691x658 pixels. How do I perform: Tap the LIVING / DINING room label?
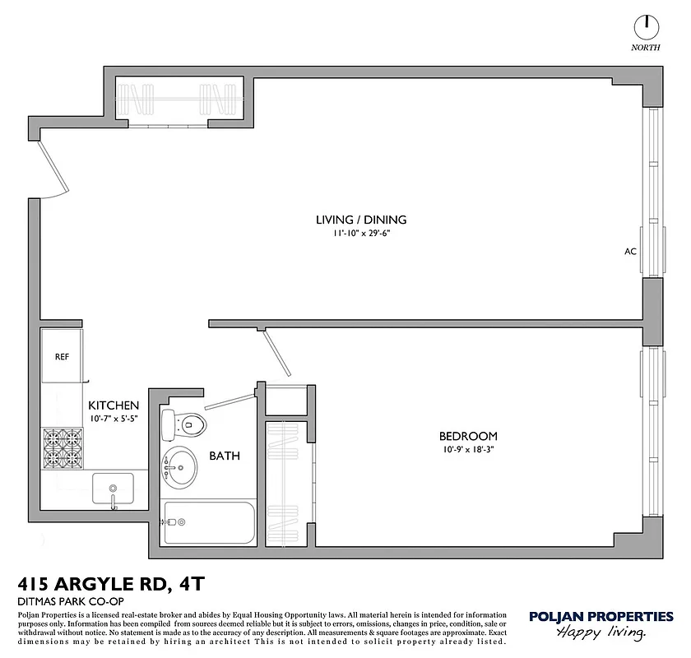pyautogui.click(x=361, y=220)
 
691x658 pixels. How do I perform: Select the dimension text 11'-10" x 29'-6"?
pyautogui.click(x=361, y=234)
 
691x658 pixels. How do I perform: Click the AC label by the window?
pyautogui.click(x=631, y=252)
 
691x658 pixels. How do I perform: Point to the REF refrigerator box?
pyautogui.click(x=62, y=357)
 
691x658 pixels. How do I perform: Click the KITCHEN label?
pyautogui.click(x=114, y=405)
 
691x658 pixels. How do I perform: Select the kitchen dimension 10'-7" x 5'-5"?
pyautogui.click(x=114, y=419)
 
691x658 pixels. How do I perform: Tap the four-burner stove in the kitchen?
pyautogui.click(x=64, y=447)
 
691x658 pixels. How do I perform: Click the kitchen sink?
pyautogui.click(x=113, y=489)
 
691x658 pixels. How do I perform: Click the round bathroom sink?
pyautogui.click(x=180, y=467)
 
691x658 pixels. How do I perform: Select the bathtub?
pyautogui.click(x=209, y=522)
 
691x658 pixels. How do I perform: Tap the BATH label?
pyautogui.click(x=224, y=455)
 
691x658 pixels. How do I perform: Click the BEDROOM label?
pyautogui.click(x=467, y=436)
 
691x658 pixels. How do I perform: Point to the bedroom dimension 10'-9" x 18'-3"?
pyautogui.click(x=467, y=450)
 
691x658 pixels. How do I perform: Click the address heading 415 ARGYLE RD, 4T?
pyautogui.click(x=110, y=585)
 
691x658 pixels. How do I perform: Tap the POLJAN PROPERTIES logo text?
pyautogui.click(x=601, y=617)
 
